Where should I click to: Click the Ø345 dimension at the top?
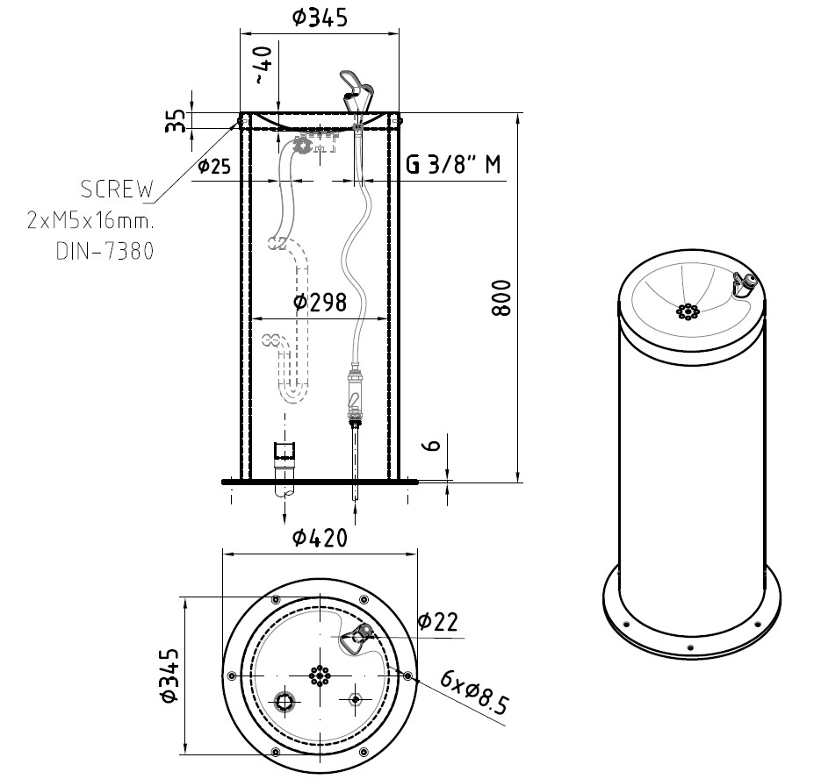pos(320,17)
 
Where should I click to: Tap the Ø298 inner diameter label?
pos(320,303)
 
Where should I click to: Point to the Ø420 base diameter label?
pos(320,538)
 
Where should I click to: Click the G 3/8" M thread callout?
pos(456,165)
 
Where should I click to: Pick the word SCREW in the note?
pos(117,189)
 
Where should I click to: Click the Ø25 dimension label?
pos(215,165)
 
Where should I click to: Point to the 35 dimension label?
pos(176,121)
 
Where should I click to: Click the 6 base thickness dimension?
pos(432,447)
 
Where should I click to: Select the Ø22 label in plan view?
pos(437,622)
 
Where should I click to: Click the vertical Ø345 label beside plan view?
pos(169,675)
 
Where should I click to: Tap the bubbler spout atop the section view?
pos(358,89)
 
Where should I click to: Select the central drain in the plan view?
pos(320,675)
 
